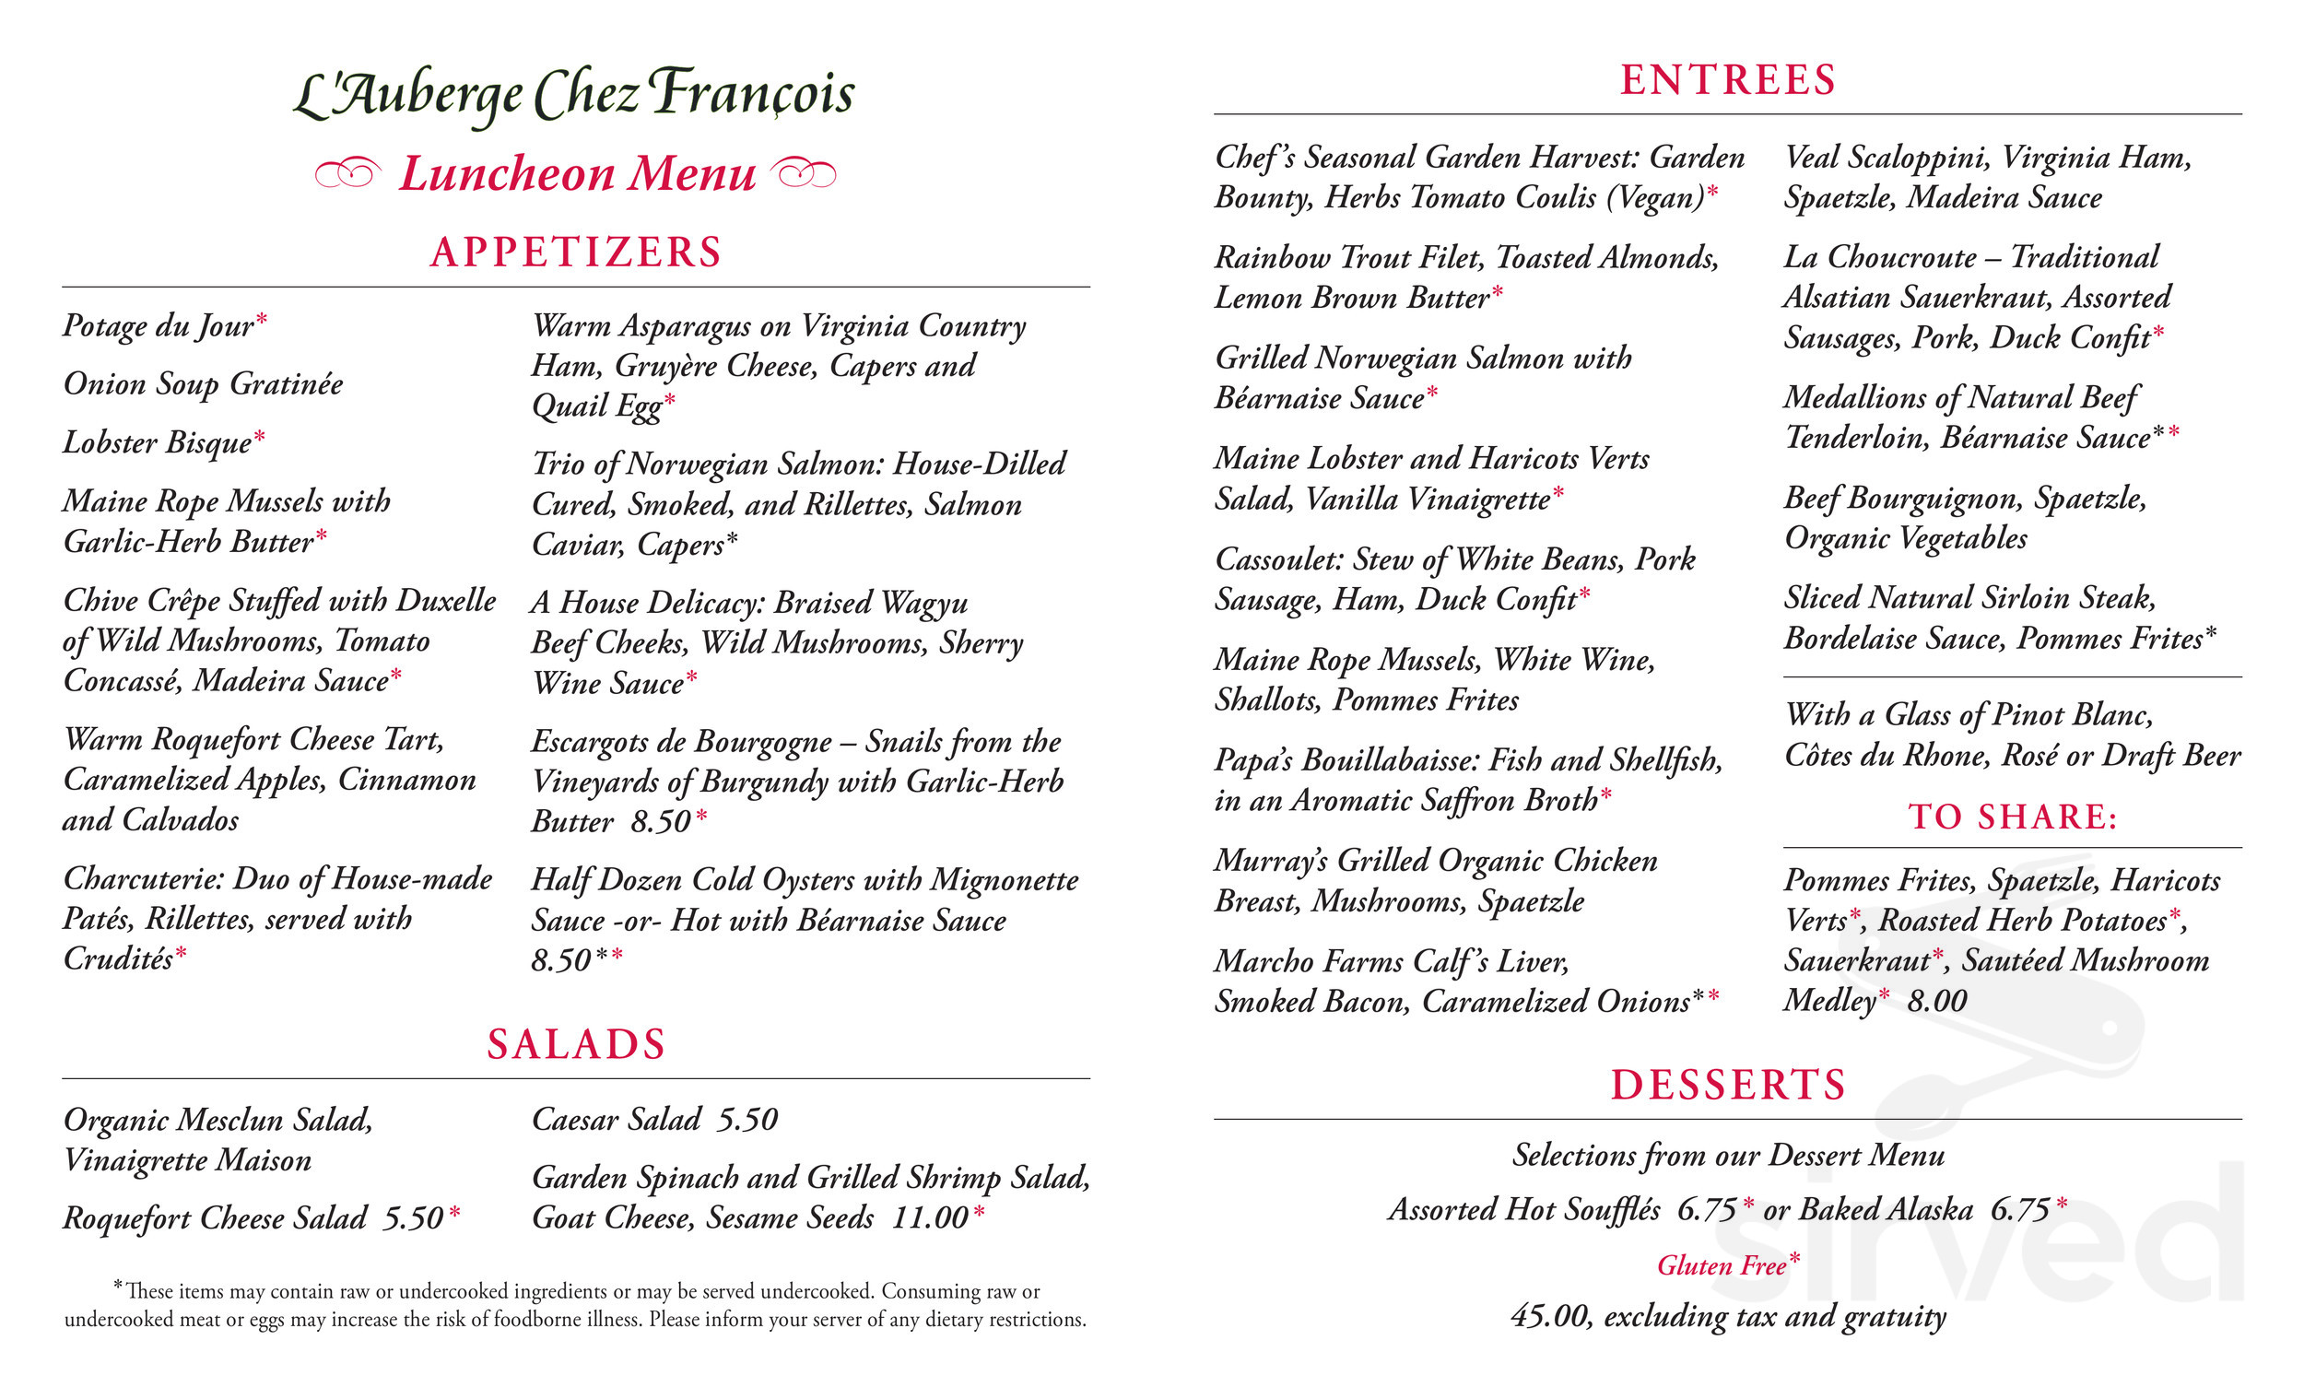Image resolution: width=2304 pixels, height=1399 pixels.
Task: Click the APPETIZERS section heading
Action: [576, 253]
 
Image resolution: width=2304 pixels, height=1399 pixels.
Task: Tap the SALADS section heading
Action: [576, 1044]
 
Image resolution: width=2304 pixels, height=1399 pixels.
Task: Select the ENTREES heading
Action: [1728, 80]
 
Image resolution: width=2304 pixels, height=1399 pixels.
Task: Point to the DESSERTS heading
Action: [1728, 1086]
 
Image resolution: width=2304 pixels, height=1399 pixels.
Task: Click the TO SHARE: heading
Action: [2012, 817]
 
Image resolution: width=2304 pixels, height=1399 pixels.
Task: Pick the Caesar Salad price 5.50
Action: [747, 1121]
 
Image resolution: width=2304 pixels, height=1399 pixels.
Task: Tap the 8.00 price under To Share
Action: [1936, 1002]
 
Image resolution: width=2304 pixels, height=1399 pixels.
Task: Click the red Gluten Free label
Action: [1722, 1266]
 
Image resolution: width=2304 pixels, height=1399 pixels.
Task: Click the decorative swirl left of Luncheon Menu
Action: [347, 173]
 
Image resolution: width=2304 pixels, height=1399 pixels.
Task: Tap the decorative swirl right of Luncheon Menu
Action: [805, 173]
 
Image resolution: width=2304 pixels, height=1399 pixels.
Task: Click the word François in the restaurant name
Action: [753, 93]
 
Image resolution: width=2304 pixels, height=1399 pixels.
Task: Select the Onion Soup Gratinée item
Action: [203, 384]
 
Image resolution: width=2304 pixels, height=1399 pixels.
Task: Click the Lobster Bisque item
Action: [157, 442]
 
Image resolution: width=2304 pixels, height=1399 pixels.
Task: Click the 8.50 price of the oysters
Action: [562, 961]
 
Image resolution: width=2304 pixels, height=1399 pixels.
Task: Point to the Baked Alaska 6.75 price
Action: [2020, 1210]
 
